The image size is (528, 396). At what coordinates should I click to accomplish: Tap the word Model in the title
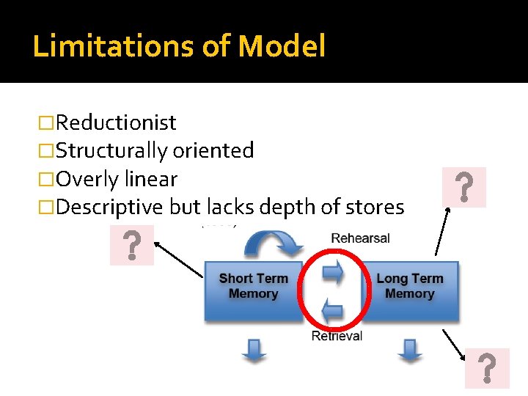pos(282,46)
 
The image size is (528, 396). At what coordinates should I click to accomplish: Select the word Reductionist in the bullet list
pos(116,122)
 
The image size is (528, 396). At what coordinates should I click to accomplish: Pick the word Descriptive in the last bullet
pos(109,208)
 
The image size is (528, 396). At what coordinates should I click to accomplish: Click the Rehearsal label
pos(361,238)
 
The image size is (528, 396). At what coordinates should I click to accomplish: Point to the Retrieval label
pos(337,337)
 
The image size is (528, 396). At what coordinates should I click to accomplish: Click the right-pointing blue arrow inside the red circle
pos(334,273)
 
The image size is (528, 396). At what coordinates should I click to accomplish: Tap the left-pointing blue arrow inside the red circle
pos(333,311)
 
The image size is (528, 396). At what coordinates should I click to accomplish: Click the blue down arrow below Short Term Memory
pos(254,350)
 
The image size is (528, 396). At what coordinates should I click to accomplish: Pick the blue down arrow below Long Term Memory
pos(408,350)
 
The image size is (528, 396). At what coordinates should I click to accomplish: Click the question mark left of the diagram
pos(132,245)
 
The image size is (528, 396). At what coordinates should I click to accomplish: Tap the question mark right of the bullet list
pos(463,187)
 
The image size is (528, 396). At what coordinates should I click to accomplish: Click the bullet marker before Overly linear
pos(47,180)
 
